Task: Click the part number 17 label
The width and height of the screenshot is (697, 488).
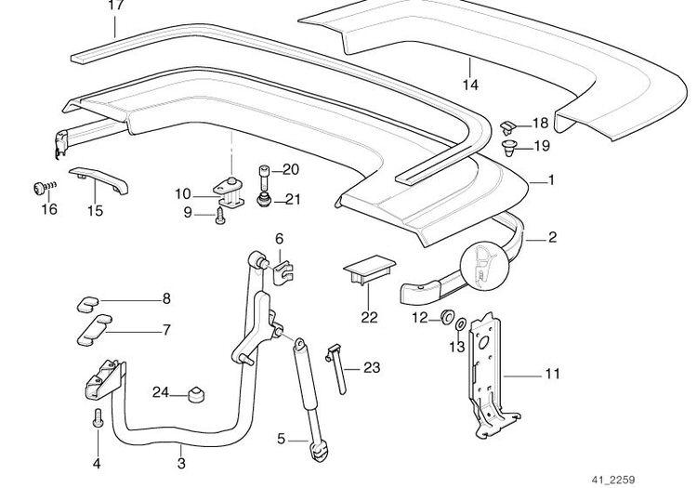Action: click(115, 6)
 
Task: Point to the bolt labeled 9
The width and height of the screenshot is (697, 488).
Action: click(219, 214)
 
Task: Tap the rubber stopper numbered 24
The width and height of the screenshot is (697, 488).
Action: click(195, 394)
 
